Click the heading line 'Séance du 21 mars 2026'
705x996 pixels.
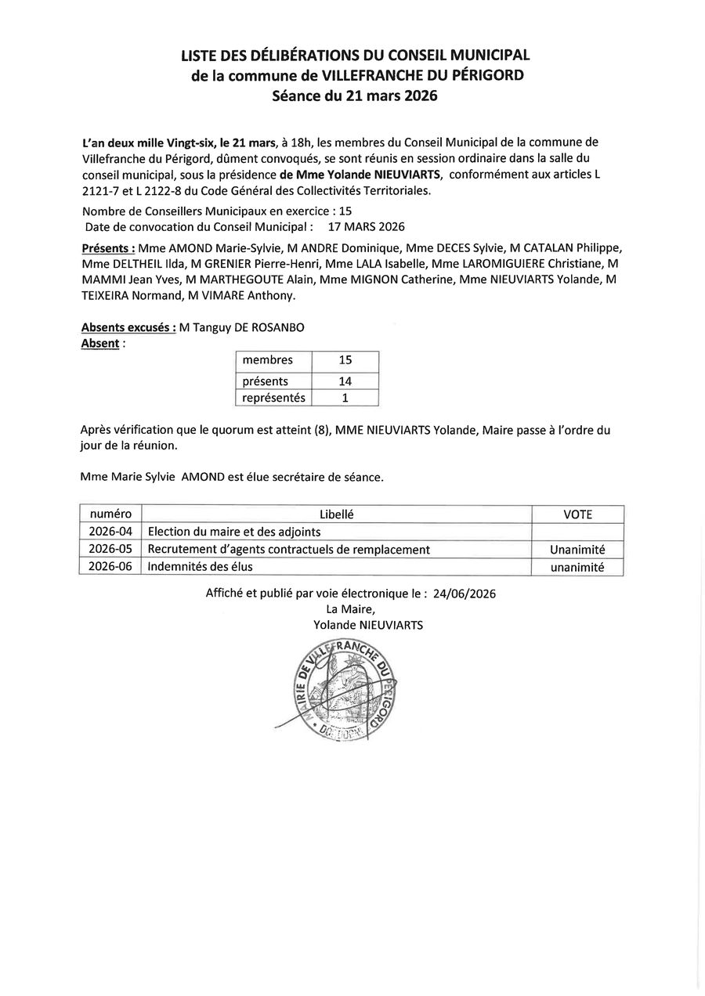pyautogui.click(x=354, y=96)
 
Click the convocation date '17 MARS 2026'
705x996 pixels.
pyautogui.click(x=367, y=227)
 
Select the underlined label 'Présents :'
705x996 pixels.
pyautogui.click(x=107, y=249)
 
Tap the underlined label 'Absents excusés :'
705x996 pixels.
pyautogui.click(x=128, y=328)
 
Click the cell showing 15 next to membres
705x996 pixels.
pyautogui.click(x=345, y=360)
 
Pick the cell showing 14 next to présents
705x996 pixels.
pyautogui.click(x=345, y=381)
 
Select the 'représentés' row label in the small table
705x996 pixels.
pyautogui.click(x=273, y=398)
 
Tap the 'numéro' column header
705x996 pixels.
pyautogui.click(x=110, y=514)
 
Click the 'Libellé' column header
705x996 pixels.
pyautogui.click(x=336, y=514)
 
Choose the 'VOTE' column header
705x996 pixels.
pyautogui.click(x=577, y=514)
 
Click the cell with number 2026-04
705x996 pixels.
pyautogui.click(x=110, y=532)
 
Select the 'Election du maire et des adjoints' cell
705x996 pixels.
pyautogui.click(x=234, y=532)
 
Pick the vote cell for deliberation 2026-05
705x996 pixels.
pyautogui.click(x=577, y=550)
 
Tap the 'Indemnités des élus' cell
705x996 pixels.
pyautogui.click(x=201, y=567)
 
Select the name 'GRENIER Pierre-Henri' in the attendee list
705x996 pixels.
pyautogui.click(x=261, y=265)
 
